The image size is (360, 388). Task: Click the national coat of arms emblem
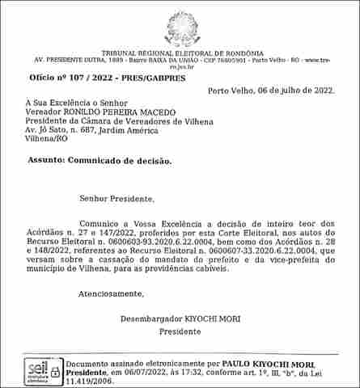point(180,27)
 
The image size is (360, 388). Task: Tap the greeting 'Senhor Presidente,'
point(116,197)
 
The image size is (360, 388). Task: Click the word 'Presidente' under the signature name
point(179,332)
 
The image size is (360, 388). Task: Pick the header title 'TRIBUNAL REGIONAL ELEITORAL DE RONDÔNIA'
point(179,53)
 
